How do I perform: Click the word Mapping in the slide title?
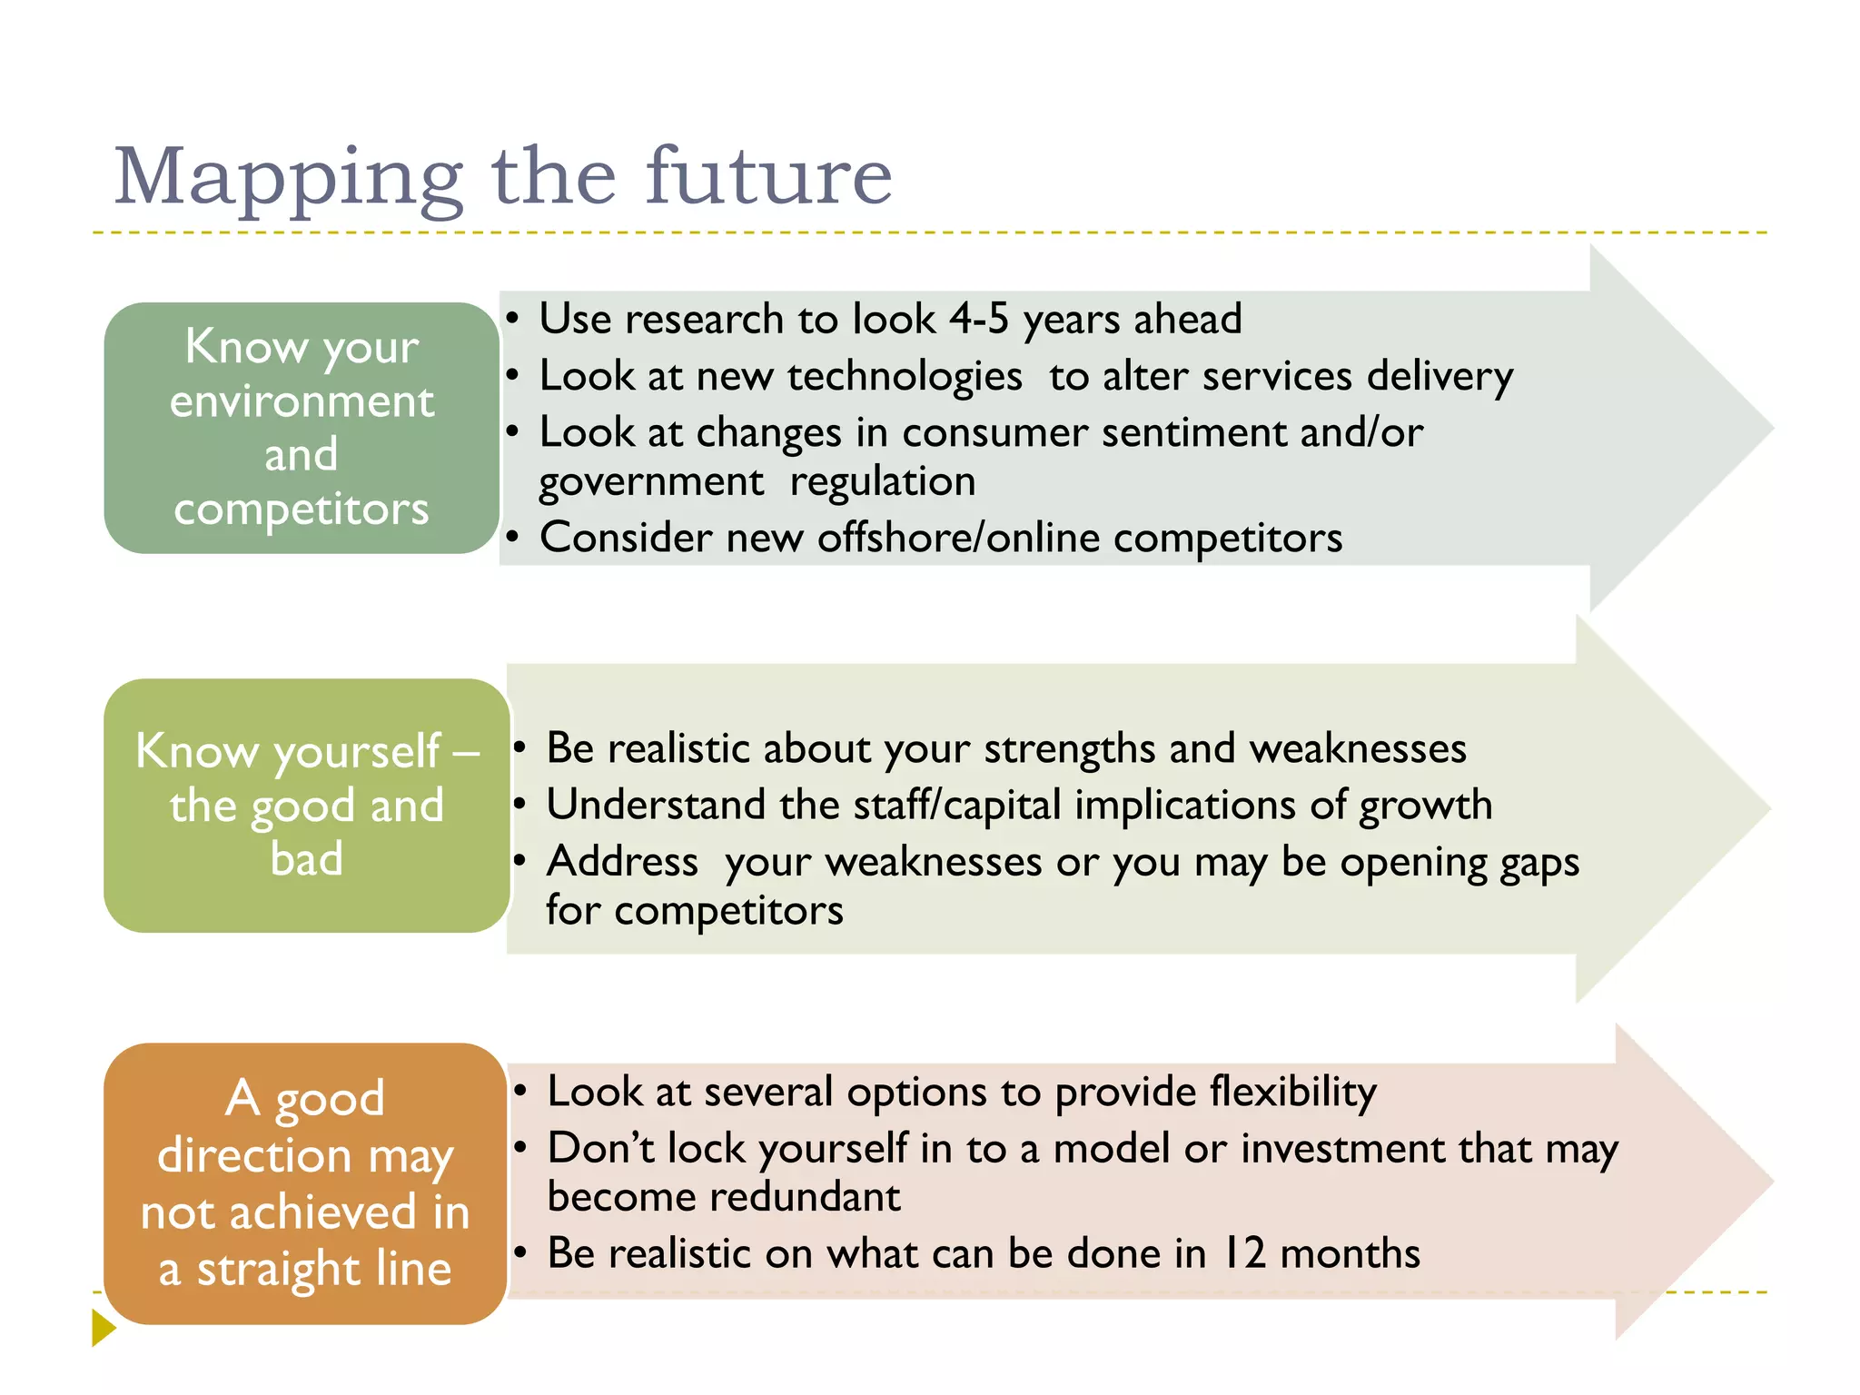(x=289, y=178)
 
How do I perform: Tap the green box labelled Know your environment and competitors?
(x=302, y=428)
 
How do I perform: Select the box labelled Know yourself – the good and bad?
(x=306, y=805)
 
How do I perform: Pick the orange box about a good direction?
(x=305, y=1182)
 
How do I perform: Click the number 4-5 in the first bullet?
(x=978, y=319)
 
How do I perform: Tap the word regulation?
(x=882, y=481)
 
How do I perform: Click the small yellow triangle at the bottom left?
(x=104, y=1328)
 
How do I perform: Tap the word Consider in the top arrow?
(x=626, y=538)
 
